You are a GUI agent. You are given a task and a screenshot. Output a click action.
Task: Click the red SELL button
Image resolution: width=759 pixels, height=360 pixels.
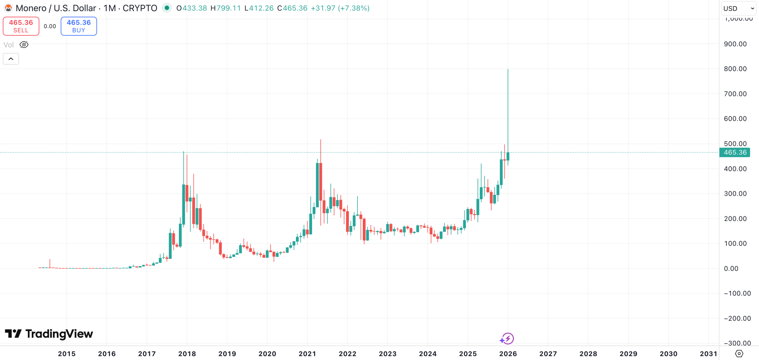click(x=21, y=26)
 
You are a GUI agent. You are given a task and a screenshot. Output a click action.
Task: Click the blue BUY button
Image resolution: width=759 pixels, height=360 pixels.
click(x=79, y=26)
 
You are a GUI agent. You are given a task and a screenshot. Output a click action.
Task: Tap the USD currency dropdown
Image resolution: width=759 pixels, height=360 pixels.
click(x=738, y=8)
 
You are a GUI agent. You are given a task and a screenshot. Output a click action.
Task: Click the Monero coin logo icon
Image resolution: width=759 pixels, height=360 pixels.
click(x=8, y=8)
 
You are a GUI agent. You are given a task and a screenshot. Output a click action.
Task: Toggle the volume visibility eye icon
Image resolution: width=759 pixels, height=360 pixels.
click(x=24, y=45)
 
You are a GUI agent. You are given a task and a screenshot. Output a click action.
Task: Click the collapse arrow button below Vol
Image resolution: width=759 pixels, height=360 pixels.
click(x=11, y=59)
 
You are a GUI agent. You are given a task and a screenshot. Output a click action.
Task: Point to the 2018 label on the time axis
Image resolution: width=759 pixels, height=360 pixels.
click(x=187, y=353)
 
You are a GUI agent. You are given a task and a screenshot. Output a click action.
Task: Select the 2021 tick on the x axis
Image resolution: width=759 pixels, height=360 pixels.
click(x=307, y=353)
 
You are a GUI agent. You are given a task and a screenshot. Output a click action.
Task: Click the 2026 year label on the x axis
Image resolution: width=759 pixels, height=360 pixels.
click(x=508, y=353)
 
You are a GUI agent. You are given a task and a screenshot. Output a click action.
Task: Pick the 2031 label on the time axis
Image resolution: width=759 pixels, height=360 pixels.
click(x=708, y=353)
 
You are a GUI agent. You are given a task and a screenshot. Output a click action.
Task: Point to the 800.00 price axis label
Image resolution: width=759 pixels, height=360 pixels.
click(x=735, y=69)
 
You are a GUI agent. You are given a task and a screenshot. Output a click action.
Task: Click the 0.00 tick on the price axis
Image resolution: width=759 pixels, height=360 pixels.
click(x=731, y=269)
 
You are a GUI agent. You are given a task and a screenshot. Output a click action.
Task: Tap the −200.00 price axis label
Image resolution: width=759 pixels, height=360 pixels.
click(x=737, y=319)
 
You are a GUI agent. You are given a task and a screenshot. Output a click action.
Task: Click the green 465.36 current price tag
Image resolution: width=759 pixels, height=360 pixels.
click(x=735, y=153)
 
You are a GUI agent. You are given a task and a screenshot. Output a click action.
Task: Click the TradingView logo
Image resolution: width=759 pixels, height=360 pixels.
click(x=49, y=334)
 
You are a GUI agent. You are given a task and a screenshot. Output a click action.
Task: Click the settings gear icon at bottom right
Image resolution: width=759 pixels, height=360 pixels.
click(x=739, y=353)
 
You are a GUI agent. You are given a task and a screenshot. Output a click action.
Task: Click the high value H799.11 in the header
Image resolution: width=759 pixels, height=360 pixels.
click(x=225, y=8)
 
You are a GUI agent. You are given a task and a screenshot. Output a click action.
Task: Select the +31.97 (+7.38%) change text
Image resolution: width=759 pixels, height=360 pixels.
click(x=340, y=8)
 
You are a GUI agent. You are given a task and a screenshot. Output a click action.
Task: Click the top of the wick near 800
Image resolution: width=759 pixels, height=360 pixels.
click(x=508, y=70)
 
